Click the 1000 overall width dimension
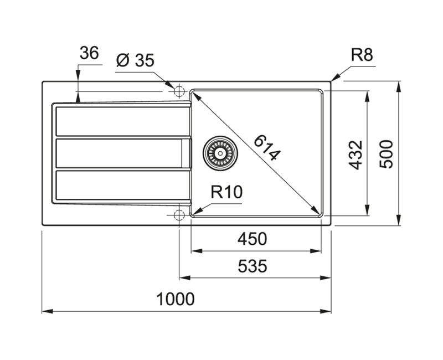[x=176, y=299]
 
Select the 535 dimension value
[x=253, y=266]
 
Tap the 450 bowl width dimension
[x=253, y=239]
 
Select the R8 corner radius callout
[x=362, y=55]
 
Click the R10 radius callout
[x=226, y=192]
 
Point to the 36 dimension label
[x=89, y=53]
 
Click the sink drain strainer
[x=220, y=152]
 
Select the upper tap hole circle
[x=179, y=91]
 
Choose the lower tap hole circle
[x=179, y=215]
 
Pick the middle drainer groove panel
[x=119, y=153]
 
